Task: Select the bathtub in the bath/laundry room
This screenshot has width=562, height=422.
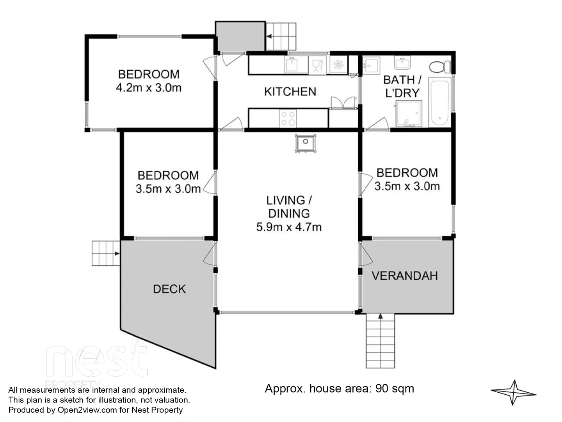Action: pyautogui.click(x=440, y=102)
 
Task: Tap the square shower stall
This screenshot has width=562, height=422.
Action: pyautogui.click(x=409, y=114)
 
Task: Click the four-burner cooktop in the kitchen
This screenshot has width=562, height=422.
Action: pyautogui.click(x=288, y=118)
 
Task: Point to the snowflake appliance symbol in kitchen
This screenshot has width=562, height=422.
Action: pyautogui.click(x=338, y=65)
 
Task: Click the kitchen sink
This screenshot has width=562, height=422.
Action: pyautogui.click(x=296, y=65)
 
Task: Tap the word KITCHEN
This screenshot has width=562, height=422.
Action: pyautogui.click(x=290, y=92)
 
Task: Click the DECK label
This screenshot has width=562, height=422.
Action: pyautogui.click(x=169, y=289)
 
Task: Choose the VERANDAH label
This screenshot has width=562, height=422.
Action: pyautogui.click(x=404, y=276)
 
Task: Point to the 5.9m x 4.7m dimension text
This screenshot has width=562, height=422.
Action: pyautogui.click(x=289, y=227)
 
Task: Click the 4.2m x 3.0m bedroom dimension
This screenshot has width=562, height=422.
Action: pyautogui.click(x=149, y=88)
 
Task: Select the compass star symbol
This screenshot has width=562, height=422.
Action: pyautogui.click(x=514, y=392)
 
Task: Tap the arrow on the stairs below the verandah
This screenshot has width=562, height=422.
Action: pyautogui.click(x=380, y=316)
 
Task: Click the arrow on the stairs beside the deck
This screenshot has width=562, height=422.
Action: pyautogui.click(x=117, y=254)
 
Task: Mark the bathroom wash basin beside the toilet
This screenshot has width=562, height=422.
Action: pyautogui.click(x=402, y=63)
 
